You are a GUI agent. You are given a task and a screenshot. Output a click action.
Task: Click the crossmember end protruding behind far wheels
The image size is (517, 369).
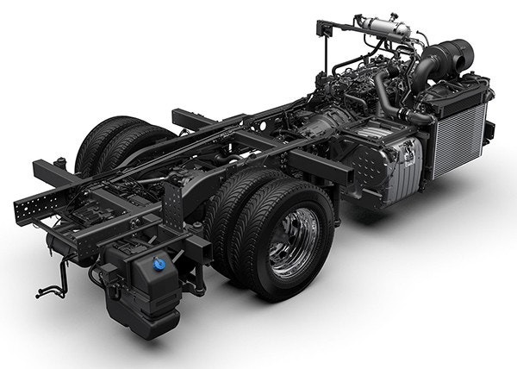point(185,116)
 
